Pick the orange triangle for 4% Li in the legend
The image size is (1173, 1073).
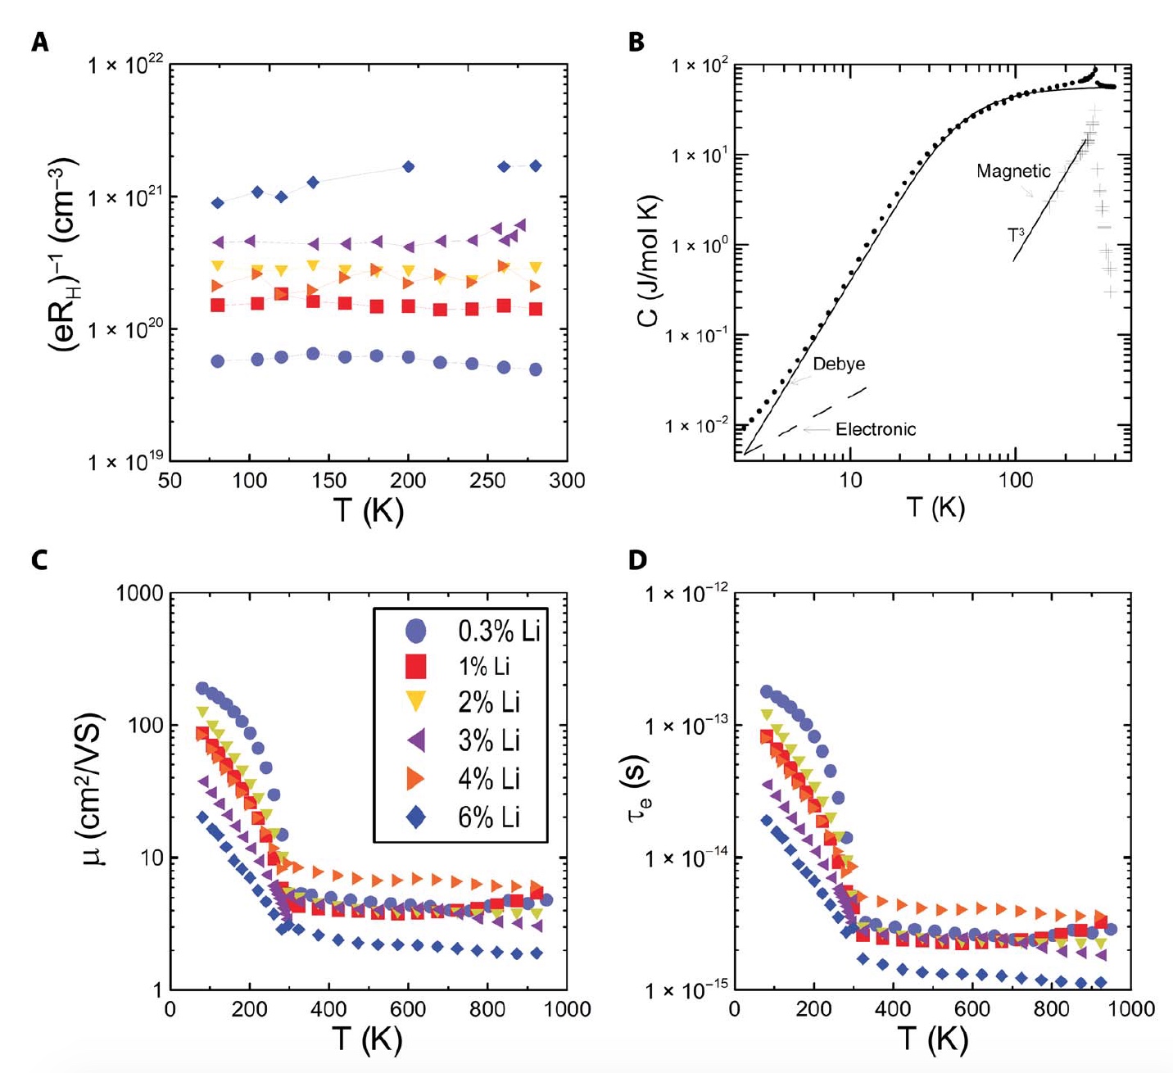(x=417, y=778)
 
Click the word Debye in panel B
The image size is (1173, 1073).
(x=839, y=364)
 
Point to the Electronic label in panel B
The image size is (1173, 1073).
(x=876, y=429)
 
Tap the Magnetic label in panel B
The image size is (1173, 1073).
(x=1013, y=171)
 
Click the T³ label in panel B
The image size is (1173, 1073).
(x=1016, y=235)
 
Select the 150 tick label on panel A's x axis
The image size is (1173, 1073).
(x=329, y=481)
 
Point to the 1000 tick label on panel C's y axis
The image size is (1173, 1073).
(x=140, y=594)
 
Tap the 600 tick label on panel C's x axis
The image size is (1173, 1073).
(x=408, y=1009)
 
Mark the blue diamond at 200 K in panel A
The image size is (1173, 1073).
(x=409, y=167)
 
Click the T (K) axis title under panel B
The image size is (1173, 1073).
(x=935, y=508)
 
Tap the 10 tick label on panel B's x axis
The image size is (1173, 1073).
(x=850, y=481)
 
